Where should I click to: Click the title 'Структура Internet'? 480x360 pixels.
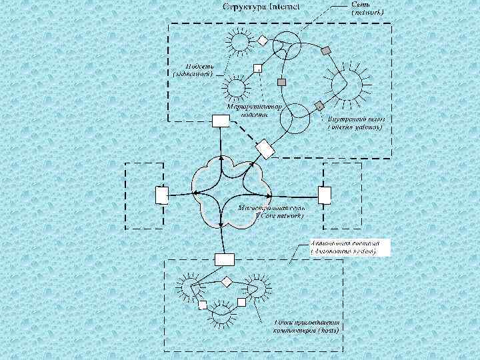click(261, 7)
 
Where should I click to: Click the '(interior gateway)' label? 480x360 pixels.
click(355, 125)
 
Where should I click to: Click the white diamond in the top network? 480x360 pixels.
click(263, 41)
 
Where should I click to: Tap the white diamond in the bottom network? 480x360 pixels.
click(226, 281)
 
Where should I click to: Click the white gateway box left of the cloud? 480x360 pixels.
click(161, 195)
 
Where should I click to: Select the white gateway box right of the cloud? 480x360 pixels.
click(325, 195)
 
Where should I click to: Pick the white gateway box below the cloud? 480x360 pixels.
click(223, 259)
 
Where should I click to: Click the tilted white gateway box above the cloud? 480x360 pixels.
click(265, 149)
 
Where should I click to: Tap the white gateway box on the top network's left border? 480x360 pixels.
click(220, 120)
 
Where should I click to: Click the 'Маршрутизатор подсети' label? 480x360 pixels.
click(254, 109)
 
